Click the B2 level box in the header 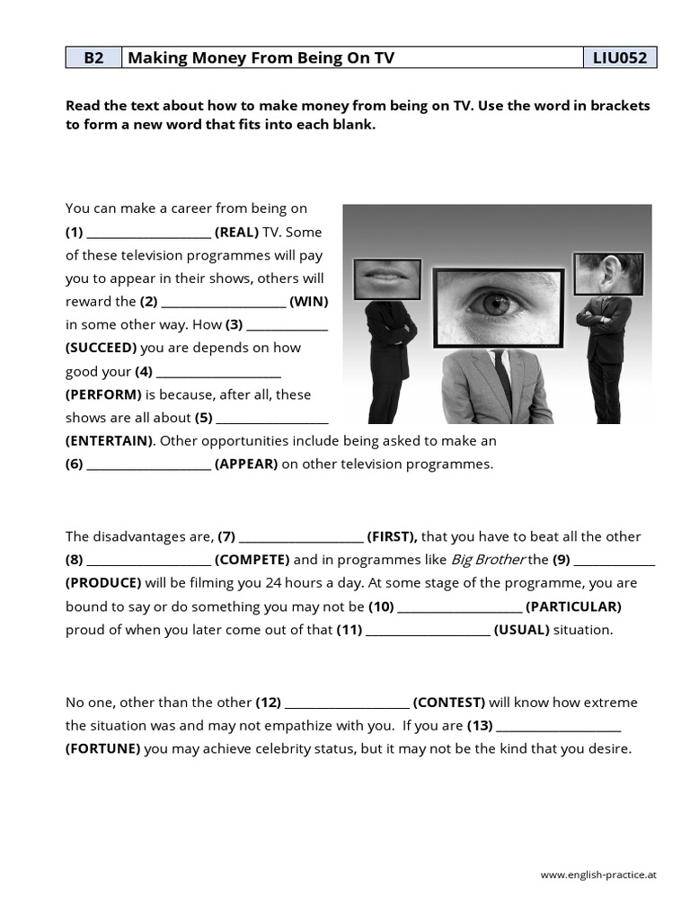pos(93,58)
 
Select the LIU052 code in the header pos(619,58)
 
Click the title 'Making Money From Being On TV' pos(261,58)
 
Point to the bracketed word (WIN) pos(308,302)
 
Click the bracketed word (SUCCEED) pos(102,348)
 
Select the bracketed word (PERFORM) pos(103,394)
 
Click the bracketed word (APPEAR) pos(246,464)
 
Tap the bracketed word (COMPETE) pos(252,560)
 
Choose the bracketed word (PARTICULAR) pos(573,606)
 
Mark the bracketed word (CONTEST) pos(449,702)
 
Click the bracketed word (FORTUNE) pos(102,748)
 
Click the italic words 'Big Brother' pos(488,560)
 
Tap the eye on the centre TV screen pos(497,304)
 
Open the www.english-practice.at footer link pos(597,874)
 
